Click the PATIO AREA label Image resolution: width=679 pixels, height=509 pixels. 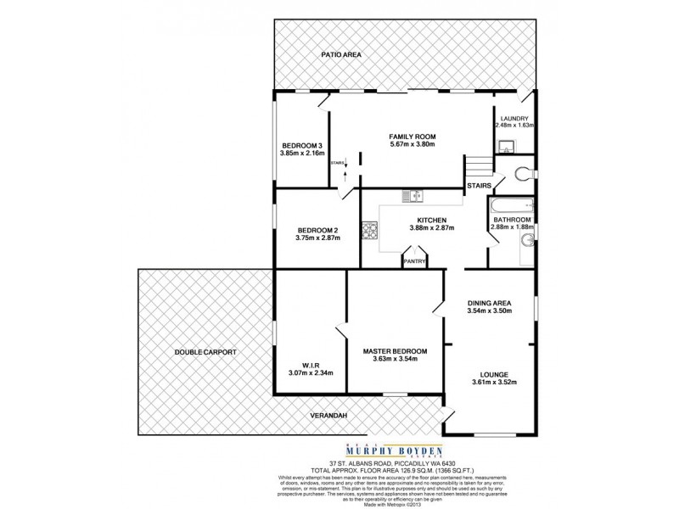[x=341, y=54]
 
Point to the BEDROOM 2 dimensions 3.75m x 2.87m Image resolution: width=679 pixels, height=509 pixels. [x=318, y=238]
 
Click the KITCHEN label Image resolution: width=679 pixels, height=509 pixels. [x=432, y=219]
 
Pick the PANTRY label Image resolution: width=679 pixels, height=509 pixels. [x=415, y=261]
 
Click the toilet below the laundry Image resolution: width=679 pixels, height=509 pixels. [x=525, y=173]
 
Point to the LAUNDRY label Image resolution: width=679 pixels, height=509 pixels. [x=515, y=118]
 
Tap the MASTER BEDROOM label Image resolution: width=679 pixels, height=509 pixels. [x=395, y=351]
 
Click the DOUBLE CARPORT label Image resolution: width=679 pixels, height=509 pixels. [x=205, y=351]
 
